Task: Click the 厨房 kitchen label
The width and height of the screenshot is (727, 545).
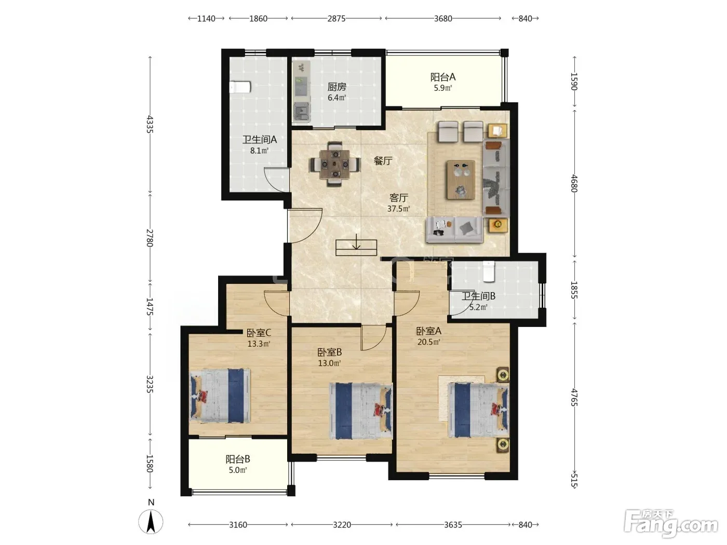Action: (x=336, y=87)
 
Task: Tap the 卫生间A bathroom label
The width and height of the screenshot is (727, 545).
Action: (x=259, y=140)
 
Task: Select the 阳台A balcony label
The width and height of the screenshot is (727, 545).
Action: (x=443, y=77)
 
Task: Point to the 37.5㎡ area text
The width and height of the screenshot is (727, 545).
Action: (x=398, y=209)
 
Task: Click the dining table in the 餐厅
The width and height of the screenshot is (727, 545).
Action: (x=335, y=164)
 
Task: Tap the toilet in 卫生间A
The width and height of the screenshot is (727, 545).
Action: (x=240, y=87)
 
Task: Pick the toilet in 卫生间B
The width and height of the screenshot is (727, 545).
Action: (x=489, y=271)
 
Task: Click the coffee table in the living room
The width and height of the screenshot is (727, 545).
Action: (x=461, y=180)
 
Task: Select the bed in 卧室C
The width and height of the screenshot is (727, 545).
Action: (x=220, y=396)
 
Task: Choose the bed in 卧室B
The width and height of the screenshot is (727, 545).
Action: (x=361, y=411)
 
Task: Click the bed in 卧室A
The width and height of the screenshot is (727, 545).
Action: (x=478, y=410)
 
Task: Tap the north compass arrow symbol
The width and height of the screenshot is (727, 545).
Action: (x=151, y=522)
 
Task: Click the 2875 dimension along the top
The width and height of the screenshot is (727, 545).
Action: (x=336, y=19)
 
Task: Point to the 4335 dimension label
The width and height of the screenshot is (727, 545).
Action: (x=150, y=124)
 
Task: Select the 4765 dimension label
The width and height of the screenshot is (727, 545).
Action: (x=574, y=398)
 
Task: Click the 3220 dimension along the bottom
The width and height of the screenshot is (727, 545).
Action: (x=342, y=524)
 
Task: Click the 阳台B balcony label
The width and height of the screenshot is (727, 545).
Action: (x=237, y=459)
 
